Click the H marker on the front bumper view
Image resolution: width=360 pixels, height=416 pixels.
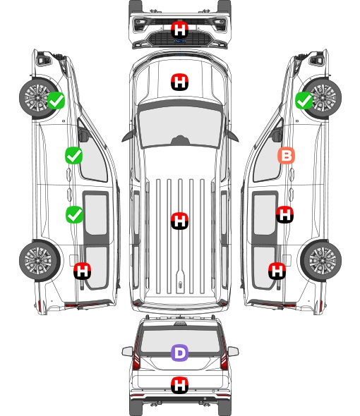tap(179, 30)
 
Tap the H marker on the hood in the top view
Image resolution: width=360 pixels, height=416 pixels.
tap(179, 82)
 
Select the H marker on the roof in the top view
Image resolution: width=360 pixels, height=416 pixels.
tap(179, 221)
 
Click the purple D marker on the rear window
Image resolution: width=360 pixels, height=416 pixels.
tap(179, 353)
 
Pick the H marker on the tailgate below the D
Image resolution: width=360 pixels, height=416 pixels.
tap(179, 385)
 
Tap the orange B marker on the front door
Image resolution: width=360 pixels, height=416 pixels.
tap(286, 155)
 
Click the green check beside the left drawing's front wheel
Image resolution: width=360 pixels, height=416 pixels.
tap(56, 100)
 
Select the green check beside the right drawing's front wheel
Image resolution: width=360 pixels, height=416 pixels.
tap(304, 100)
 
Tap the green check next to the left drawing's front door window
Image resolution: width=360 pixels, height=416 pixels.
tap(73, 155)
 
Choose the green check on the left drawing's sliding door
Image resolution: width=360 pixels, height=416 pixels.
tap(74, 214)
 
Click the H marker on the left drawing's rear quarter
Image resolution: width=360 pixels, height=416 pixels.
tap(82, 271)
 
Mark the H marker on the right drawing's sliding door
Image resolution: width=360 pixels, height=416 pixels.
tap(284, 214)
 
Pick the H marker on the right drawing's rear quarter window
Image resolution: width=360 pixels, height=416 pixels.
tap(277, 271)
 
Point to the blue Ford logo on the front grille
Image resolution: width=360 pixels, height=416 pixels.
tap(180, 41)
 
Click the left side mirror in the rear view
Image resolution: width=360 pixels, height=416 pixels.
tap(128, 351)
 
